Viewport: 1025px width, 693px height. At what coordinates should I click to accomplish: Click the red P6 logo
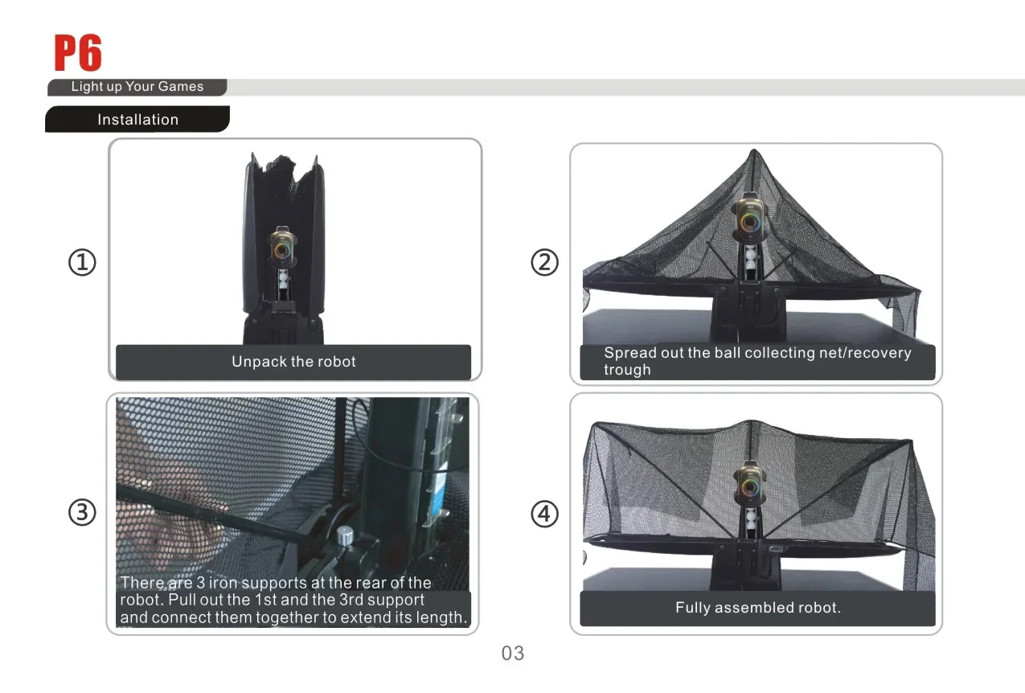coord(78,52)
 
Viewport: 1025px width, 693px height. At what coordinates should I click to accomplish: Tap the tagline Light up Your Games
coord(137,86)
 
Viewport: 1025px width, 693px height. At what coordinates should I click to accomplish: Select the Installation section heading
coord(137,120)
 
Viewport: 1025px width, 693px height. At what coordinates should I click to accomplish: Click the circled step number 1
coord(82,262)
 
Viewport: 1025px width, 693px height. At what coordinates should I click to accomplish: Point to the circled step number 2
coord(544,262)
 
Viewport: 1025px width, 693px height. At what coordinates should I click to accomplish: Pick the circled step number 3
coord(82,512)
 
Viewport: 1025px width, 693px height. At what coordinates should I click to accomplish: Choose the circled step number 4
coord(544,514)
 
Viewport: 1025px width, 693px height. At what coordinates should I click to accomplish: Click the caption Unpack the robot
coord(293,362)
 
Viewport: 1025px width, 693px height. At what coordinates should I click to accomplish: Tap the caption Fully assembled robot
coord(758,608)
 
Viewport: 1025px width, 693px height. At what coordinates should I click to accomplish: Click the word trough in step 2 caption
coord(627,370)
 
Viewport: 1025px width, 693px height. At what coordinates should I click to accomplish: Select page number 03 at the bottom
coord(513,653)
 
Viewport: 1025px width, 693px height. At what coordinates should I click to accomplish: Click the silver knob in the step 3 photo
coord(345,536)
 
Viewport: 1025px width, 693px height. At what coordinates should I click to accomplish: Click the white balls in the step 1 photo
coord(284,280)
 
